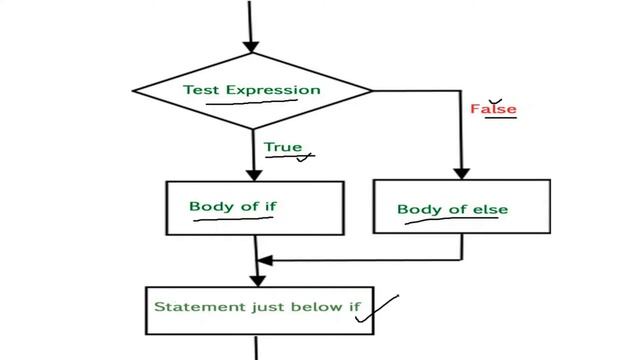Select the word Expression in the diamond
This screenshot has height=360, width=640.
(x=273, y=90)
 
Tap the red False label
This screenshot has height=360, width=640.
(x=493, y=109)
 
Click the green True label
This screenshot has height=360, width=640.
(x=283, y=147)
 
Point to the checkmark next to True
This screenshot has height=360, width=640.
(x=304, y=157)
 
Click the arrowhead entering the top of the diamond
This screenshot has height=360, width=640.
(x=251, y=47)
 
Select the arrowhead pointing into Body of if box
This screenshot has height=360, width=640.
(x=254, y=175)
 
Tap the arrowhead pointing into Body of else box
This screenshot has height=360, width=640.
(x=462, y=173)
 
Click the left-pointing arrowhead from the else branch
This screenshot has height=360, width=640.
(x=265, y=260)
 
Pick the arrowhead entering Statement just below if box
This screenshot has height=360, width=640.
(x=258, y=281)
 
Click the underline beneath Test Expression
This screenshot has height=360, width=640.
(x=251, y=102)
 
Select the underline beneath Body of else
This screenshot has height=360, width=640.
(x=451, y=220)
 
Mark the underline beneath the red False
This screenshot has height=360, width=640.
(x=500, y=118)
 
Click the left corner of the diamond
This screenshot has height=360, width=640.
(x=133, y=91)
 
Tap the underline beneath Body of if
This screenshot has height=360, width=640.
(x=233, y=219)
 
